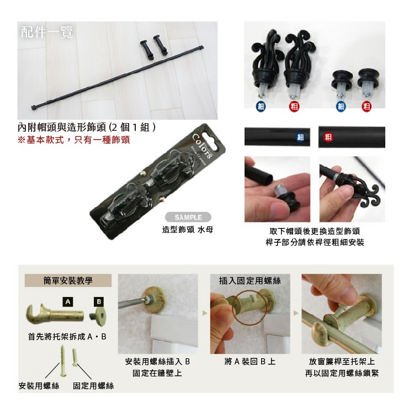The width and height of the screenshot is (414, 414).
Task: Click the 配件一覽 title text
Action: [47, 32]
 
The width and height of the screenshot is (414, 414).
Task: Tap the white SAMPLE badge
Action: [188, 217]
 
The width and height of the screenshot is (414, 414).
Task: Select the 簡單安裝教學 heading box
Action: [68, 281]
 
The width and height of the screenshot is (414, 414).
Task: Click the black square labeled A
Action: [67, 302]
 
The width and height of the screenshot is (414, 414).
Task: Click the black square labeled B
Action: [99, 301]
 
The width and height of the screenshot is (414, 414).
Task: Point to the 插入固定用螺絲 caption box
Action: [250, 281]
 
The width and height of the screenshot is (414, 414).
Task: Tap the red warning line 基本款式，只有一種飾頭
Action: [73, 140]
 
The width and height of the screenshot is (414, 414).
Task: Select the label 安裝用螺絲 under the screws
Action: [39, 385]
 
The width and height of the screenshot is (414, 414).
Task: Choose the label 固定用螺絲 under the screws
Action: [93, 385]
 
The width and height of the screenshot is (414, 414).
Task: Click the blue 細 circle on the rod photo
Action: [300, 137]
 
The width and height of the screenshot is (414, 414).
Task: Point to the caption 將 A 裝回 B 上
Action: [250, 362]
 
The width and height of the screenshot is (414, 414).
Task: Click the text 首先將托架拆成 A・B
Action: [67, 337]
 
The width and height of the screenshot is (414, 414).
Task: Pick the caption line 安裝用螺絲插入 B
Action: [157, 362]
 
